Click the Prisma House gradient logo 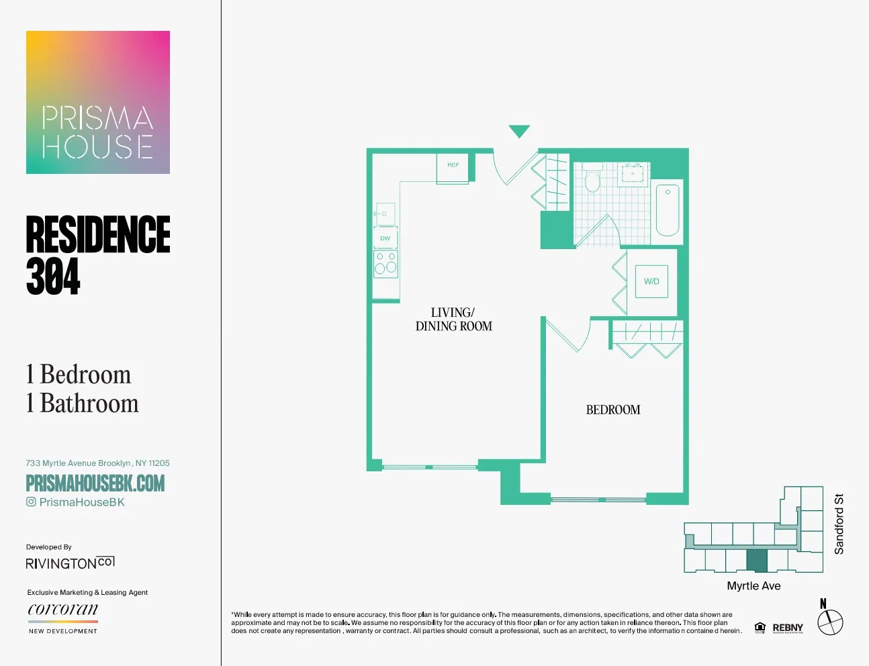pos(98,102)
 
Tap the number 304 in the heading pos(53,276)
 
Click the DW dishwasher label pos(385,238)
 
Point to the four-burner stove pos(385,263)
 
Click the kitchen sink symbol pos(385,214)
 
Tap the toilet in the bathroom pos(592,181)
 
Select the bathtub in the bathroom pos(667,209)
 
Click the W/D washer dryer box pos(651,281)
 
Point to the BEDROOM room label pos(613,410)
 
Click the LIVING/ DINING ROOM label pos(454,320)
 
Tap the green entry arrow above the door pos(519,131)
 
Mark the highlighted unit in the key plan pos(757,561)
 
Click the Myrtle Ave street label pos(753,586)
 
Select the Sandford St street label pos(839,524)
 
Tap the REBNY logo pos(788,628)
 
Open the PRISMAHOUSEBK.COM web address pos(95,483)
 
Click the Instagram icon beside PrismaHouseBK pos(31,502)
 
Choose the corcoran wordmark pos(63,610)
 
